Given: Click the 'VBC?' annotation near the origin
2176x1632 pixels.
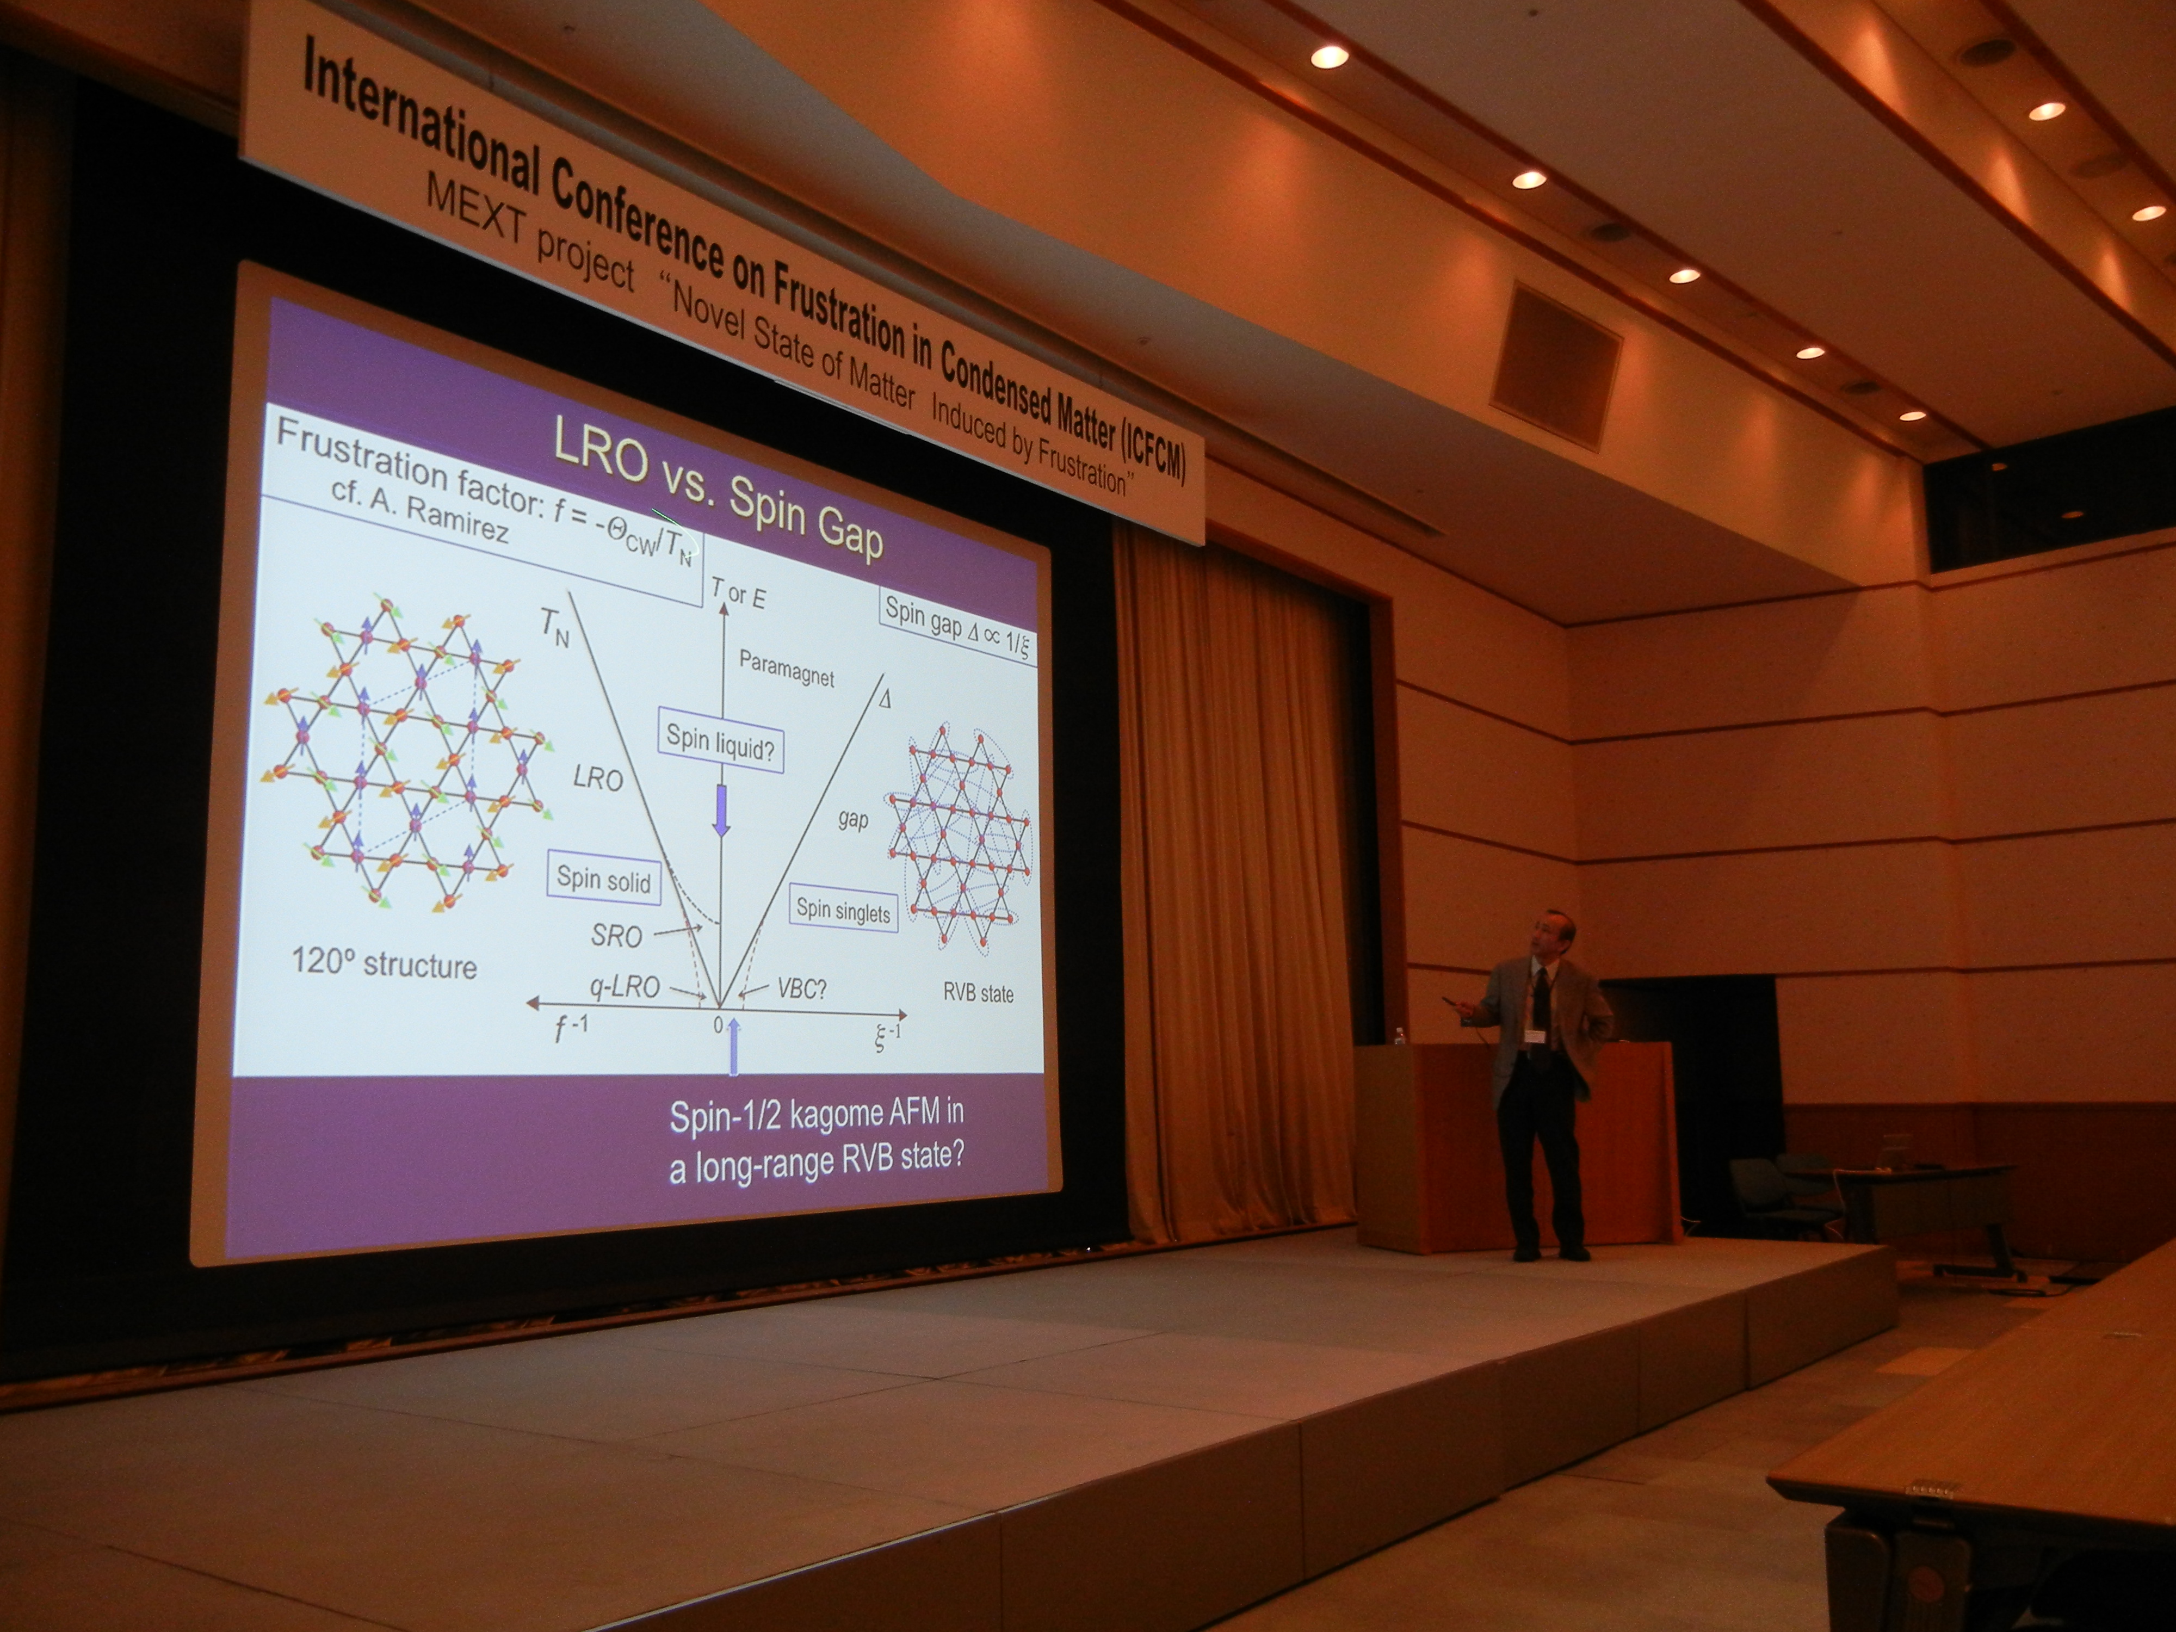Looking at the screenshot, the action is [802, 988].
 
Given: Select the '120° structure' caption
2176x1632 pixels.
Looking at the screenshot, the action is [384, 962].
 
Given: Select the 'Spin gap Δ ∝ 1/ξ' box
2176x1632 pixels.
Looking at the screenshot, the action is [956, 629].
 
